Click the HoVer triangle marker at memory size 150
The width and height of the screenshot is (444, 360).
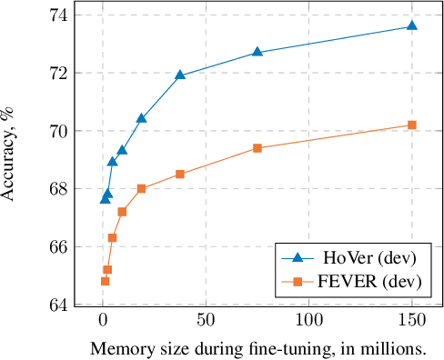click(411, 25)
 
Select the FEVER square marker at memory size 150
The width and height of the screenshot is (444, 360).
click(411, 125)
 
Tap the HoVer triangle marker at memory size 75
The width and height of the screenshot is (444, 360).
click(257, 52)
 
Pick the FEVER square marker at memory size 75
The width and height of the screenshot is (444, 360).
click(257, 147)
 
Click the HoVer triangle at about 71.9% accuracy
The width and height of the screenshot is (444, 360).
click(180, 75)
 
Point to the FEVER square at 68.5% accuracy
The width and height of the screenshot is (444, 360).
click(180, 174)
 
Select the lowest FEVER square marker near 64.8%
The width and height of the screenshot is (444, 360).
click(105, 281)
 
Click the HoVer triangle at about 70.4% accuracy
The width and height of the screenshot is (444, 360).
click(141, 118)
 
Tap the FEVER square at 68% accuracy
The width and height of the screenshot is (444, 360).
click(141, 188)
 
